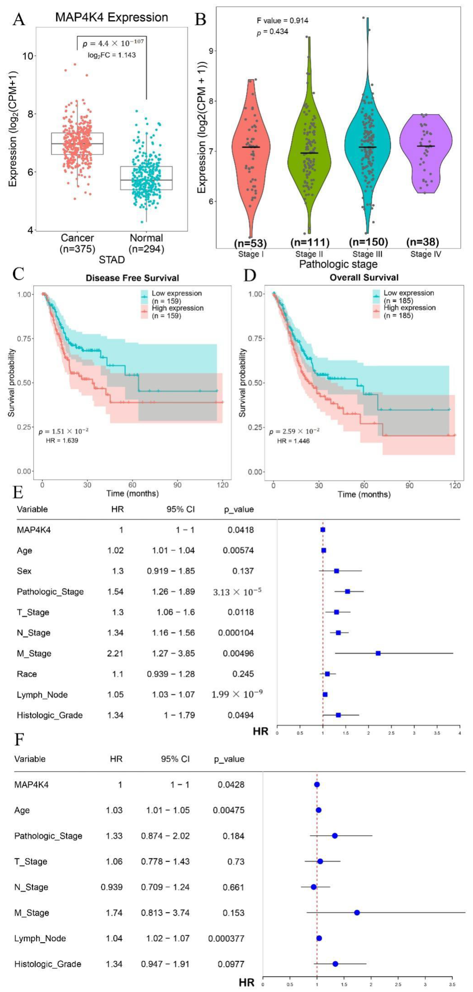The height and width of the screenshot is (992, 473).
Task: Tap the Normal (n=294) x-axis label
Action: pos(146,243)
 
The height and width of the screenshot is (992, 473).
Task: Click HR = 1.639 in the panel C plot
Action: pos(62,440)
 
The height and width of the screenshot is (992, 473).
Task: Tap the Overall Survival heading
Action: pos(364,277)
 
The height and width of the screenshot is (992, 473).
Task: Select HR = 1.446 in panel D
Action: pos(293,441)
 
